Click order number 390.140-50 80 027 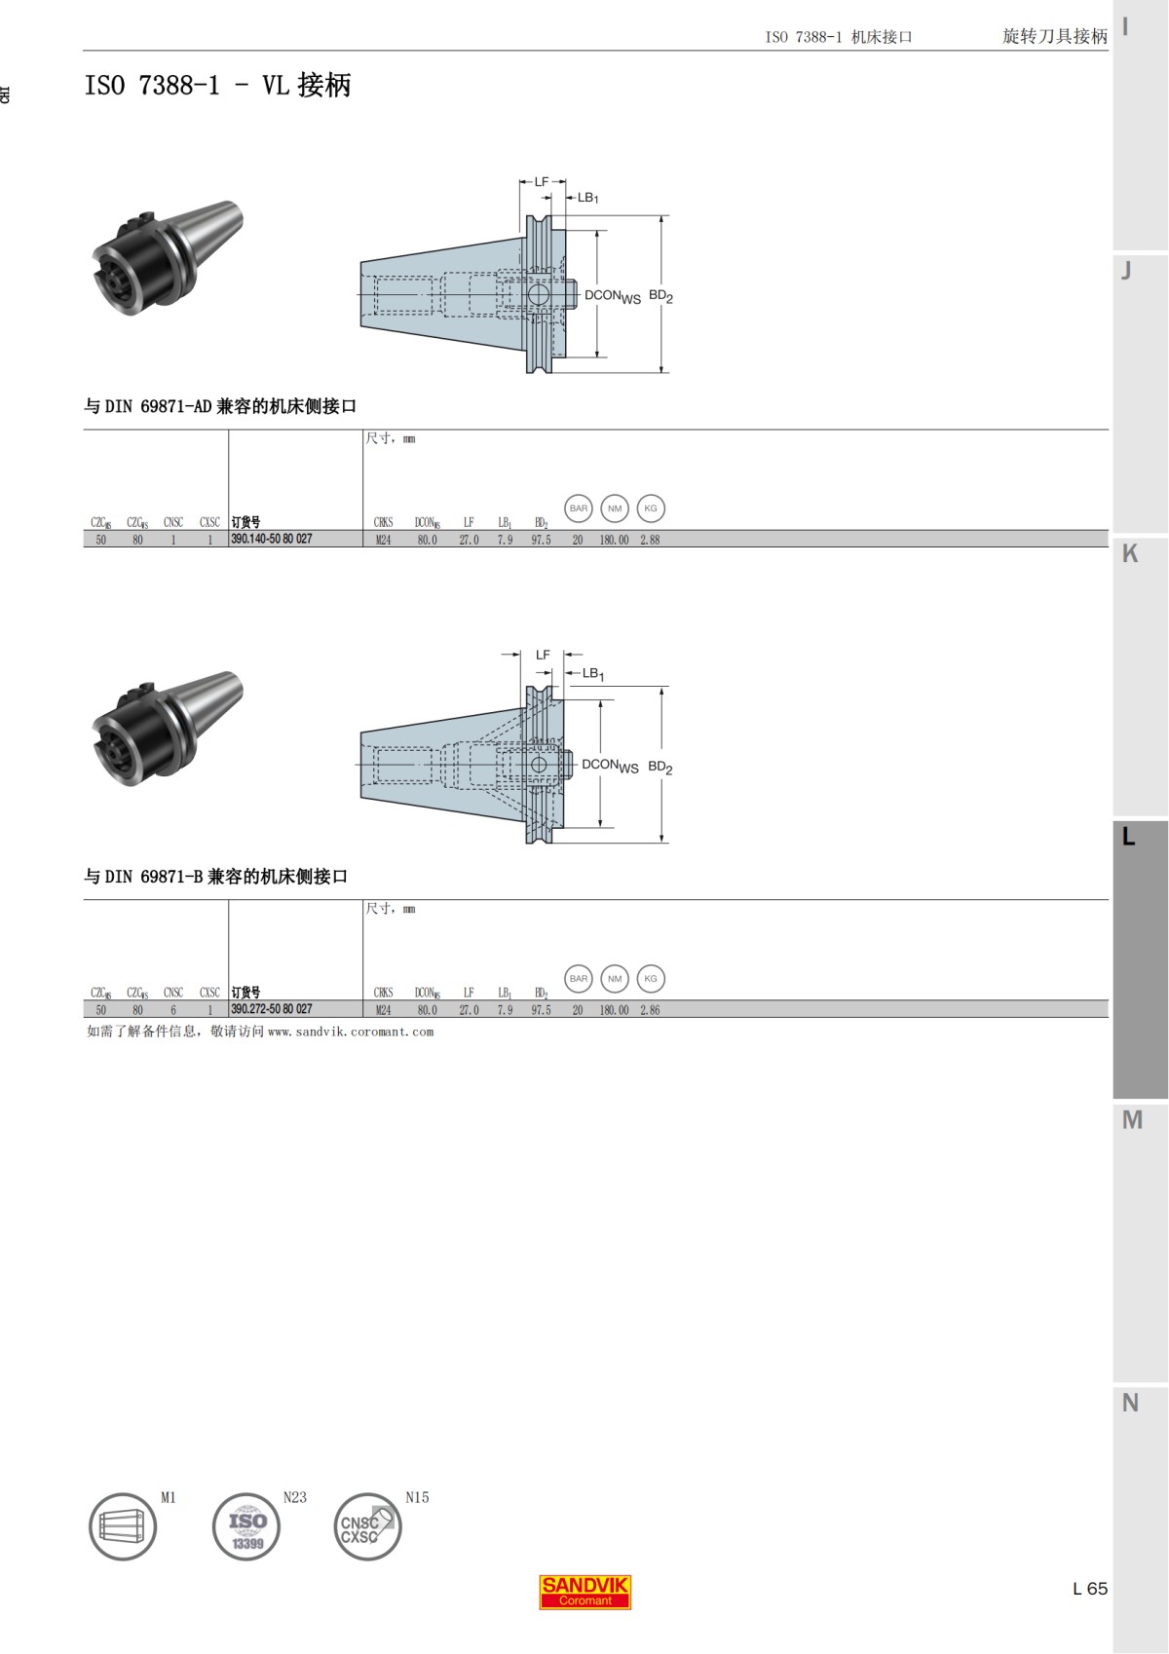tap(272, 539)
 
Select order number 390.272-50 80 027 tap(272, 1009)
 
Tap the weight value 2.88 tap(650, 540)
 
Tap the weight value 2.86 tap(650, 1010)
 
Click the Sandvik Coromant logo tap(584, 1592)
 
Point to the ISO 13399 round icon tap(246, 1526)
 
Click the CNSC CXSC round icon tap(367, 1526)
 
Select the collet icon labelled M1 tap(123, 1526)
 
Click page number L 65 tap(1089, 1588)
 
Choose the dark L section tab tap(1140, 959)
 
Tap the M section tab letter tap(1131, 1120)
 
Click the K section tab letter tap(1130, 553)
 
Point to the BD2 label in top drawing tap(660, 296)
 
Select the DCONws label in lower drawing tap(610, 766)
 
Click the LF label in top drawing tap(542, 182)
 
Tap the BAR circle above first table tap(579, 508)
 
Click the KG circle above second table tap(651, 979)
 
